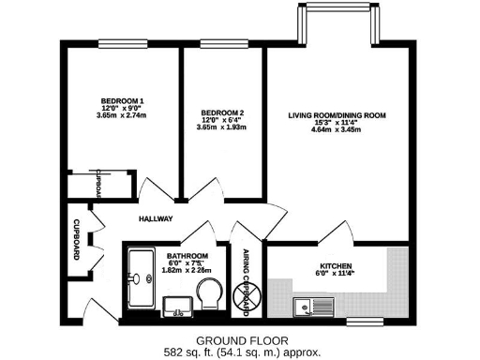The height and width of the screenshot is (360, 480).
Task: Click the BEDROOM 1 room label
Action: (123, 100)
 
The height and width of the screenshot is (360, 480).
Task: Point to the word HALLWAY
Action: (157, 218)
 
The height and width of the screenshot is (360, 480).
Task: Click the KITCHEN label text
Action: (336, 265)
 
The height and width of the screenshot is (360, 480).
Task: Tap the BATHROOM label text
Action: (187, 255)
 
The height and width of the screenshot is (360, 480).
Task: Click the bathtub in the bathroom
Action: (142, 277)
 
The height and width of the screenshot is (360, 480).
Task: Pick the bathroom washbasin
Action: (175, 304)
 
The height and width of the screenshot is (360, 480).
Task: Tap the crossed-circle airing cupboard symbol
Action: (248, 296)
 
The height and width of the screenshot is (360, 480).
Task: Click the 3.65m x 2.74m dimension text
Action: (123, 115)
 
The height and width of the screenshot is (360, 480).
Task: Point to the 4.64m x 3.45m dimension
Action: (337, 129)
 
